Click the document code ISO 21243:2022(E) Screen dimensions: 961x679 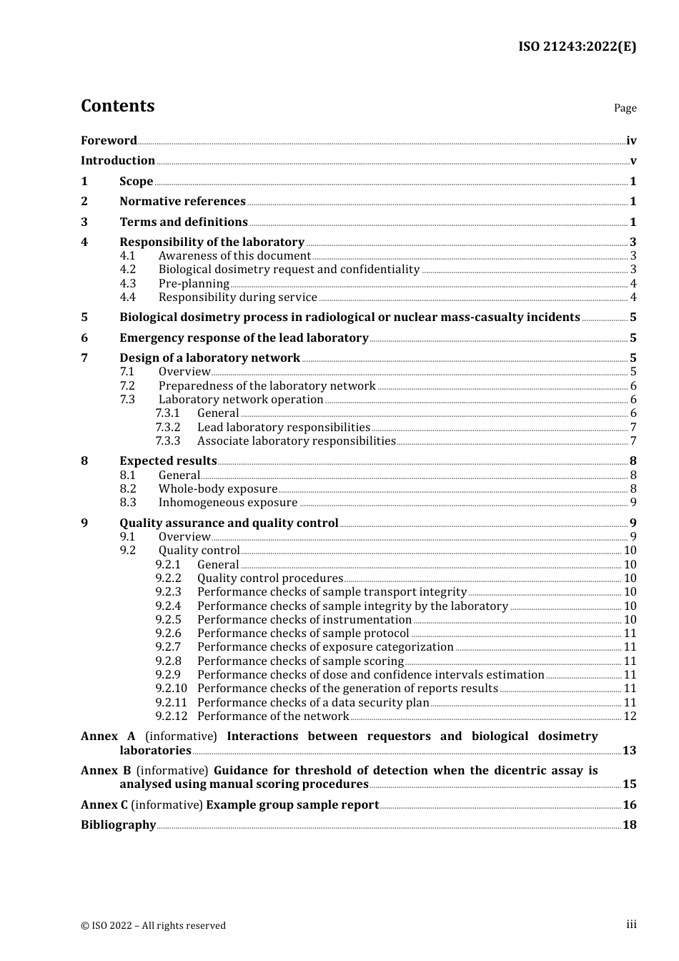(577, 46)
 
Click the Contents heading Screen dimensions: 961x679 (117, 106)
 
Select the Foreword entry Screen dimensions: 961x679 (109, 141)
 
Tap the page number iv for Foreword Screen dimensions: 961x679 (631, 141)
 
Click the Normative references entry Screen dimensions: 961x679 (182, 202)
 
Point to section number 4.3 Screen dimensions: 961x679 (127, 284)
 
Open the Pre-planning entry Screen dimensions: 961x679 (194, 284)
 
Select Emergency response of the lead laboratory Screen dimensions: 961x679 (244, 338)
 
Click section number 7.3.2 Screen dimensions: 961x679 (168, 428)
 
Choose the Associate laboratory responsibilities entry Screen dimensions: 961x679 (296, 441)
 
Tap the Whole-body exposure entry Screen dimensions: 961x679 (218, 489)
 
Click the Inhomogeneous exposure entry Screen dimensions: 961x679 (228, 503)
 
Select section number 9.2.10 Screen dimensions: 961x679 (171, 689)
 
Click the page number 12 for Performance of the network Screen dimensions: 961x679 (630, 716)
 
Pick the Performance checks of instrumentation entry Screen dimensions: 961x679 (304, 620)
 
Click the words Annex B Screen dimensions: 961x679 (106, 771)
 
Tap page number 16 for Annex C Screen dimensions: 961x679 (630, 805)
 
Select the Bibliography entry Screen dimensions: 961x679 (118, 825)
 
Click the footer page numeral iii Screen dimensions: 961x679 (631, 925)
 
